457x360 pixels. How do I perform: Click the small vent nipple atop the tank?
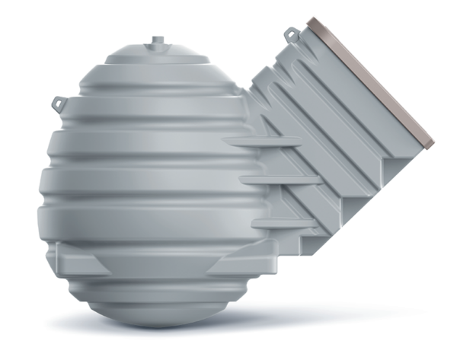[157, 40]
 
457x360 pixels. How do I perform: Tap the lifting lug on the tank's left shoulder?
[59, 100]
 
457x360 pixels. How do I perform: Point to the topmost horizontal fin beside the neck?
[263, 141]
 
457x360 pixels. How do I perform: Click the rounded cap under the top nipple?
[157, 56]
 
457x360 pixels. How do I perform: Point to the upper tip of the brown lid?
[312, 21]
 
